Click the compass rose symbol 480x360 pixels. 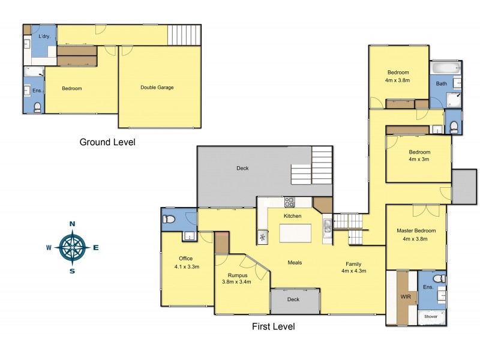(72, 247)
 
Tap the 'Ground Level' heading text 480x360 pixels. (107, 142)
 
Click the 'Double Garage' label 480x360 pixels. (157, 88)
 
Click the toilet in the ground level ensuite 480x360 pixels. (37, 107)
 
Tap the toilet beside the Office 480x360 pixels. (169, 220)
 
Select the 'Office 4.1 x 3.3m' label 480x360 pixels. (186, 263)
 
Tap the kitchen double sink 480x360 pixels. (327, 227)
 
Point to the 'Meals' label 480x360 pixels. (294, 263)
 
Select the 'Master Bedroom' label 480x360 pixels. (416, 230)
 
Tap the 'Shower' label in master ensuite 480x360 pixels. (431, 316)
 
